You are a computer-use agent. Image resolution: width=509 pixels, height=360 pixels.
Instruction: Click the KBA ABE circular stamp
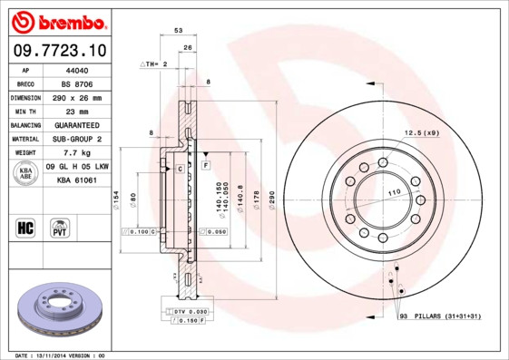[x=25, y=173]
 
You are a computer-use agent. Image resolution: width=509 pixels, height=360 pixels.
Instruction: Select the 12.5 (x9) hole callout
[x=421, y=133]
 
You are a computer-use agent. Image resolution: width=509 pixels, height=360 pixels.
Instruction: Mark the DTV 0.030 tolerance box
[x=187, y=311]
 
